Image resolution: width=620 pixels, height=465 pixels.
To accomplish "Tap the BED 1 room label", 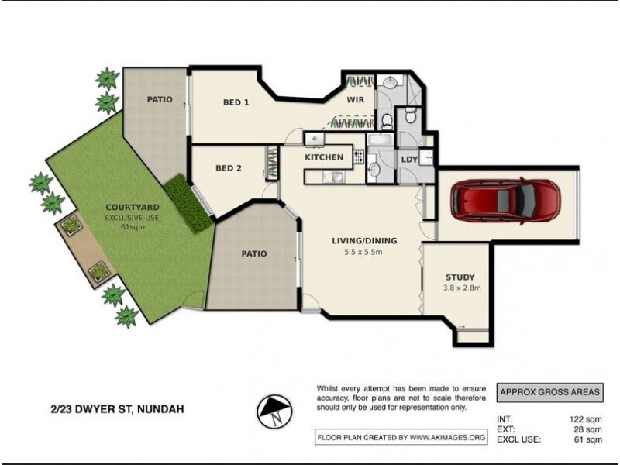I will [x=236, y=102].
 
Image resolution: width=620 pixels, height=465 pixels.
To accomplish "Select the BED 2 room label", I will [x=229, y=167].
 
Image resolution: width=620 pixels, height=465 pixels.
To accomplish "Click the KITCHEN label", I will [x=324, y=157].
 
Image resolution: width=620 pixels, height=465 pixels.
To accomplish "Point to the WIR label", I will [x=356, y=100].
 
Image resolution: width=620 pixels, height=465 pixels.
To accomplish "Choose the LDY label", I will [x=409, y=160].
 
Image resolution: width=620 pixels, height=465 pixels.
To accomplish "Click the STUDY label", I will [x=460, y=277].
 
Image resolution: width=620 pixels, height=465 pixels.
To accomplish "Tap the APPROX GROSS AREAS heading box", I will [x=549, y=393].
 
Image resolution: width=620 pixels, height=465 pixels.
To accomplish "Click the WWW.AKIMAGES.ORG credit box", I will [x=401, y=438].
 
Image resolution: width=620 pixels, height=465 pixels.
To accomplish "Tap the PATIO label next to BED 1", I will [x=160, y=99].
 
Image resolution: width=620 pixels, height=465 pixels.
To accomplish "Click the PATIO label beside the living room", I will [x=253, y=253].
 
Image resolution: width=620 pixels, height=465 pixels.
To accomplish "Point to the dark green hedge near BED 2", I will [x=188, y=203].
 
